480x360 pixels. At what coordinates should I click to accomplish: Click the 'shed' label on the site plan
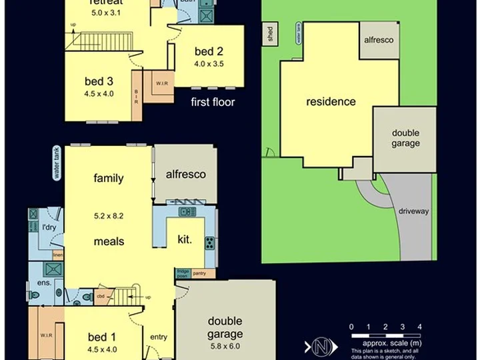tap(271, 35)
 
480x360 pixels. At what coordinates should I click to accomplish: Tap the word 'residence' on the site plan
tap(331, 102)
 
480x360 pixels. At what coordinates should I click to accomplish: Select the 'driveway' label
tap(413, 211)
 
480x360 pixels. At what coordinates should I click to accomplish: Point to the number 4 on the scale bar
tap(419, 327)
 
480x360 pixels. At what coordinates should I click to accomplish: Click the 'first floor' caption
tap(213, 103)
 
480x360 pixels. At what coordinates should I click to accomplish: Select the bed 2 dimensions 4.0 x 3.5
tap(209, 64)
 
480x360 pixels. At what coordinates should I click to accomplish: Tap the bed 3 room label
tap(99, 81)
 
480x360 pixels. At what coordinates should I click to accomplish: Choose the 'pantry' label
tap(199, 273)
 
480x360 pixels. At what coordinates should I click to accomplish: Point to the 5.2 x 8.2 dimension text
tap(109, 216)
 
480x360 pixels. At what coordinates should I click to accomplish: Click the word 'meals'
tap(109, 241)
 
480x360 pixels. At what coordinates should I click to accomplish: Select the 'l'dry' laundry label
tap(49, 228)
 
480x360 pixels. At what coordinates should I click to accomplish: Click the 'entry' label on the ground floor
tap(159, 337)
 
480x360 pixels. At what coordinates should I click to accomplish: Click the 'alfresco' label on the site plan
tap(378, 40)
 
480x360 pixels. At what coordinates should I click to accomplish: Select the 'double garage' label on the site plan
tap(405, 138)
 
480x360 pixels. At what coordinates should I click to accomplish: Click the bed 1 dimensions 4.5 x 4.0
tap(101, 348)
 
